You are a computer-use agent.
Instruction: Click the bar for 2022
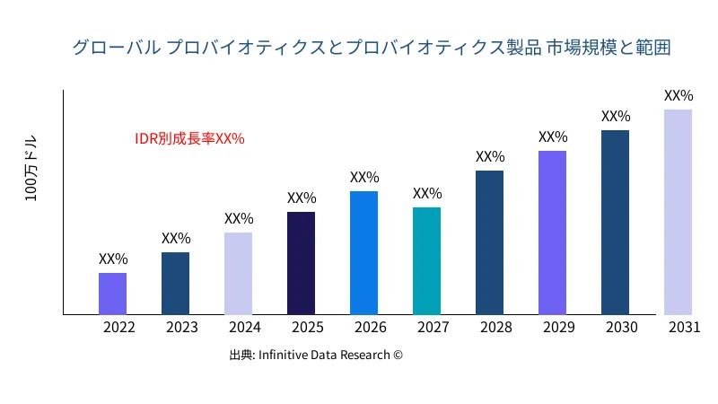click(112, 294)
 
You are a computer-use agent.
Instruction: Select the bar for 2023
click(175, 284)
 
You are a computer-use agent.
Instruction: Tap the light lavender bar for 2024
click(238, 274)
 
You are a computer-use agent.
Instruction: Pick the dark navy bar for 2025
click(301, 263)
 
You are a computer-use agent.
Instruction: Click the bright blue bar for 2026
click(363, 253)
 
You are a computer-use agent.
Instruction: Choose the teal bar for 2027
click(426, 261)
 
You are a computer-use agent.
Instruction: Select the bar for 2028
click(489, 242)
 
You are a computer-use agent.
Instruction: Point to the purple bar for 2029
click(552, 233)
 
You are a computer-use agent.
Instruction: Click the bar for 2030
click(615, 223)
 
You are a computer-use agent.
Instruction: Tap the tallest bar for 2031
click(678, 212)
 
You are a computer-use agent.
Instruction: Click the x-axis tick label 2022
click(119, 328)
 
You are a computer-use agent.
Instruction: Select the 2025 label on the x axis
click(308, 328)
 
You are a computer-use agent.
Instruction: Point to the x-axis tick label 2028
click(496, 328)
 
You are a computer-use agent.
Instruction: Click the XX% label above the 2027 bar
click(427, 193)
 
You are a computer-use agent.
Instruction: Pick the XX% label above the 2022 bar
click(113, 259)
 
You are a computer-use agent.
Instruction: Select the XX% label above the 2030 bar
click(616, 116)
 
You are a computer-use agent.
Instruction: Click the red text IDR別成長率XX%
click(189, 138)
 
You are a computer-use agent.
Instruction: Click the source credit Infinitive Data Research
click(316, 356)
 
